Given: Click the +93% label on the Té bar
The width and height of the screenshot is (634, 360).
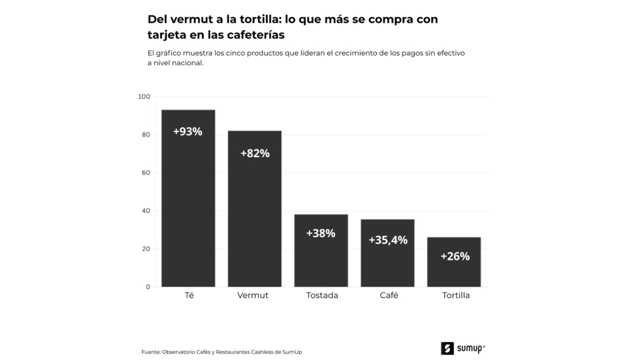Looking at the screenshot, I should (x=187, y=132).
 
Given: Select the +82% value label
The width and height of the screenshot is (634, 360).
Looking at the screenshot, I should (x=255, y=153).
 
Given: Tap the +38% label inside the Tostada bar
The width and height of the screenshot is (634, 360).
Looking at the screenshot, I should (x=321, y=233).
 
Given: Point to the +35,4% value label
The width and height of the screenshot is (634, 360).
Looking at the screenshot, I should (x=388, y=240).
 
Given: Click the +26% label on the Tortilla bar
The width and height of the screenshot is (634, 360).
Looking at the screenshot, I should (x=455, y=257).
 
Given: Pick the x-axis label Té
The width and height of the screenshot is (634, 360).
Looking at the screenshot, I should (x=189, y=295).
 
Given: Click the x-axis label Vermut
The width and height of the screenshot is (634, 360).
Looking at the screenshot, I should (x=253, y=295).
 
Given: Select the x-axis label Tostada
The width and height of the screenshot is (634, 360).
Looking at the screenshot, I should (x=322, y=295).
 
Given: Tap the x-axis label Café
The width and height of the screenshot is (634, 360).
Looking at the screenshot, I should (x=389, y=295).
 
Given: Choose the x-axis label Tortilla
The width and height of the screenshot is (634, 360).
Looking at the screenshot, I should (x=456, y=295).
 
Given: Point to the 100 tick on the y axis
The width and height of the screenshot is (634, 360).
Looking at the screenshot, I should (x=144, y=97).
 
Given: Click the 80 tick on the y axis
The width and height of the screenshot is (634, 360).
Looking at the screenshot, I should (x=146, y=135).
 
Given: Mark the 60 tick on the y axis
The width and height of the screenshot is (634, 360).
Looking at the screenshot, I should (x=146, y=173).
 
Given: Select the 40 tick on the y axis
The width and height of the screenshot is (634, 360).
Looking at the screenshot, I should (x=146, y=211).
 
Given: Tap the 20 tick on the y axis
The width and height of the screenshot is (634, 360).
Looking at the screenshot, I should (x=146, y=249).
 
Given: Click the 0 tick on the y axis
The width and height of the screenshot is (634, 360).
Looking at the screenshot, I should (x=148, y=287).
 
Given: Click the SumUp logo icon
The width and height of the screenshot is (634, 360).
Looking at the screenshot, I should (x=447, y=348).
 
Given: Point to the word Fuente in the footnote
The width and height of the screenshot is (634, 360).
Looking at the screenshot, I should (x=150, y=352).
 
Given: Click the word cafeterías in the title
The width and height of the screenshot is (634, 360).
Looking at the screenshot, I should (x=252, y=35).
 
